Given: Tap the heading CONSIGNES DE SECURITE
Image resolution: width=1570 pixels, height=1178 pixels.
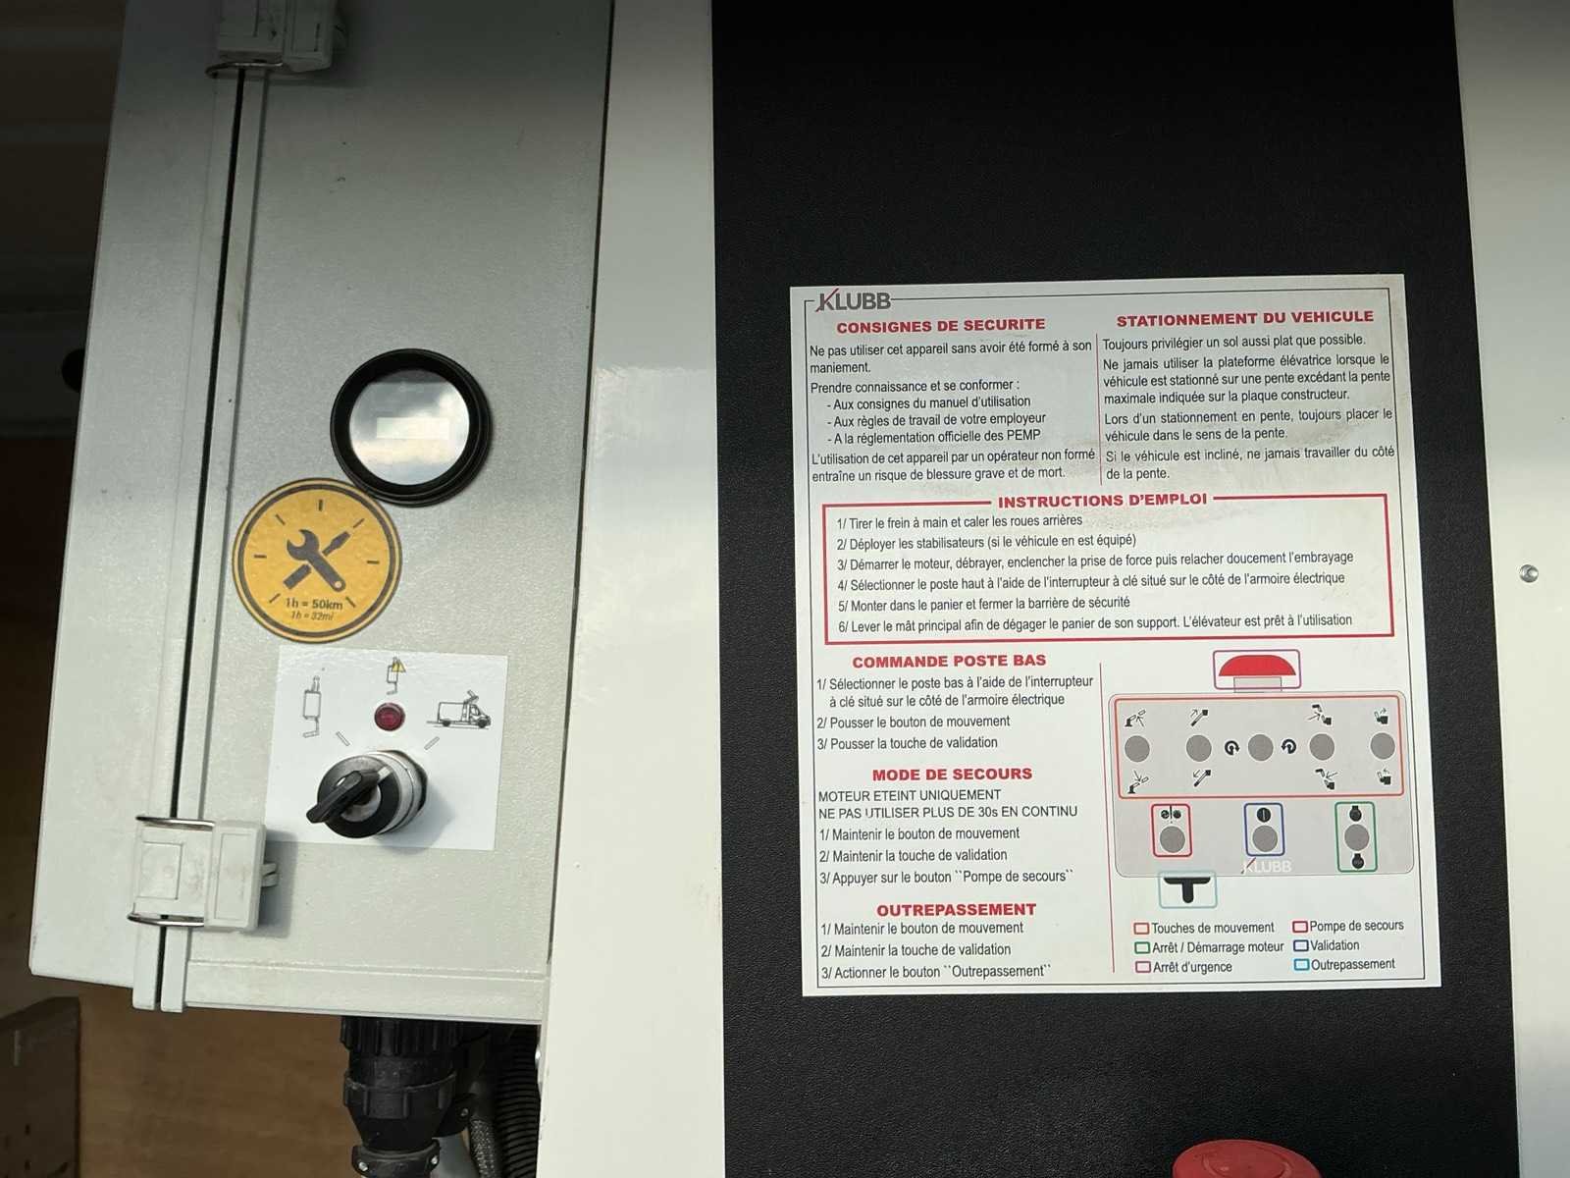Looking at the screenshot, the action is [x=941, y=326].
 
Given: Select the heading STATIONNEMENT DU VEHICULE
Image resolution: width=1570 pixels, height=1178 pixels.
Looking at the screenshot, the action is [x=1244, y=318].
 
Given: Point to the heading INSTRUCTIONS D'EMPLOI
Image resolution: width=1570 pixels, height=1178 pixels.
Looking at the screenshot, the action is [x=1102, y=500].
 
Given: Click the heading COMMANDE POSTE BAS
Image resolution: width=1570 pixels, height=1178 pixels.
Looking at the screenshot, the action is [x=949, y=661].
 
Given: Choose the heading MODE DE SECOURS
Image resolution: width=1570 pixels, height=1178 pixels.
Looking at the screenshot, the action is [x=952, y=774].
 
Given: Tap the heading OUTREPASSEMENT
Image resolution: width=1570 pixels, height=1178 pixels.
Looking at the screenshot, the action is [x=957, y=909].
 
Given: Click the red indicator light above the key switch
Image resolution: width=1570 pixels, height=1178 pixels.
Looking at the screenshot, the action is [x=390, y=716].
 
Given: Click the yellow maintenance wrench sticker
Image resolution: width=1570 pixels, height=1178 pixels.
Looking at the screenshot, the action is [x=316, y=560].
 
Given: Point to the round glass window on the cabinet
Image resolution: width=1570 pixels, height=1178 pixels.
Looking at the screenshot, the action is [x=410, y=427].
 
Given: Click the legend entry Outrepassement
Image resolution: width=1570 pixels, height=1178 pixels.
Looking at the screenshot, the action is [x=1344, y=964].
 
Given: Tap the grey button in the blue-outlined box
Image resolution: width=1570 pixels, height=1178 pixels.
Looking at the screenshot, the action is [x=1264, y=838].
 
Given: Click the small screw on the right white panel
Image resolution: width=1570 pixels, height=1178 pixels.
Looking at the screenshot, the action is [x=1528, y=573].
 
